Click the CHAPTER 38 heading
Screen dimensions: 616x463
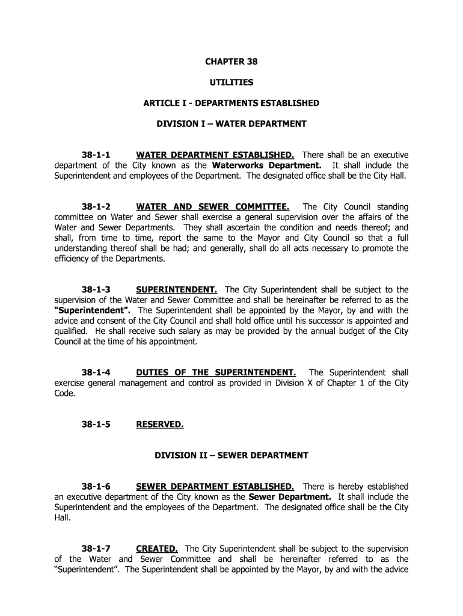coord(231,61)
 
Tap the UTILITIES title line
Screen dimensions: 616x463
coord(231,82)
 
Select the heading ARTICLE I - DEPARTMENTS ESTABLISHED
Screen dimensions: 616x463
coord(231,103)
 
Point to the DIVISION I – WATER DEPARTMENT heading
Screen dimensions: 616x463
coord(231,124)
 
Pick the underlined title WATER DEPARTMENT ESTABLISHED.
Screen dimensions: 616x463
coord(215,155)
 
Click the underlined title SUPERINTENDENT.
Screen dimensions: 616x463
coord(177,289)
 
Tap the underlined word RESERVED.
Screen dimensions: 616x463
coord(160,424)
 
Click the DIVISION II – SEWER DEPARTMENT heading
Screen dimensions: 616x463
coord(231,455)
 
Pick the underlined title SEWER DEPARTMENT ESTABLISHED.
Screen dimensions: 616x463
coord(215,486)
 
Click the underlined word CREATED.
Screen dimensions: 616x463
coord(157,549)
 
